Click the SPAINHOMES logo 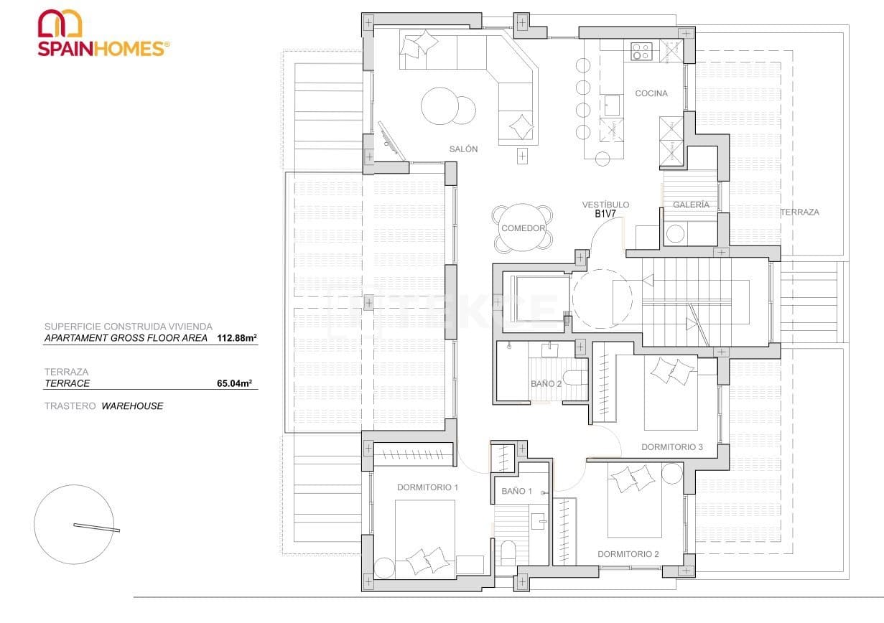(103, 34)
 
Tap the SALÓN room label (463, 149)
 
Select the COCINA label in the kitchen (651, 93)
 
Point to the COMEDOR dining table (523, 228)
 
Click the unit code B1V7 (606, 214)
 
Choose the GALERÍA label (691, 205)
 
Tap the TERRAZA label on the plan (799, 212)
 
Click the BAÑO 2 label (546, 383)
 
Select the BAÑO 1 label (516, 491)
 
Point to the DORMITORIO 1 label (427, 487)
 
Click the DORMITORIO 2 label (628, 554)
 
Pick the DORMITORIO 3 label (672, 447)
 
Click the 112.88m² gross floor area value (236, 338)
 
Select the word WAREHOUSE (133, 406)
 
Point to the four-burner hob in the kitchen (641, 51)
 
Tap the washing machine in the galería (676, 234)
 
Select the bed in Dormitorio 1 (424, 538)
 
